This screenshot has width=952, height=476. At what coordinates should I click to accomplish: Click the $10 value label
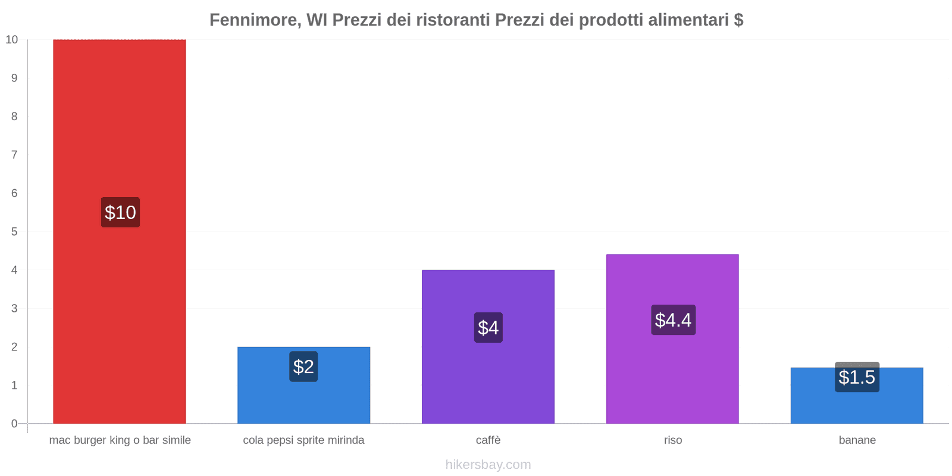coord(120,212)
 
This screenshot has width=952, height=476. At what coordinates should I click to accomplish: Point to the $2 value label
coord(303,367)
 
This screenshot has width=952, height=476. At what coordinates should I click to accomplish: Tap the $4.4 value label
coord(673,320)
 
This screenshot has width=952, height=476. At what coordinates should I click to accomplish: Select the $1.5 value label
coord(857,377)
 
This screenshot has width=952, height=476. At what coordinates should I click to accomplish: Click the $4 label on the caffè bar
coord(488,328)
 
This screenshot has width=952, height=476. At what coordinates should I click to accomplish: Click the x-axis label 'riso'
coord(673,440)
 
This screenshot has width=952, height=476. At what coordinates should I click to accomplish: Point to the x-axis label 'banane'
coord(857,440)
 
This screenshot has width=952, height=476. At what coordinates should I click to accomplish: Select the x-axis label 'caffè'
coord(488,440)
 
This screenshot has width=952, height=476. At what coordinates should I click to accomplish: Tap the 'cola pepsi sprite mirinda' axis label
coord(303,440)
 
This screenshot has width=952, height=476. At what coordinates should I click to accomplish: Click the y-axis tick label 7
coord(14,155)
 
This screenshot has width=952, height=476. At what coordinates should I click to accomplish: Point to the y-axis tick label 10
coord(12,40)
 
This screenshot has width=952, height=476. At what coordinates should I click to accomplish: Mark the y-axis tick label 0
coord(14,424)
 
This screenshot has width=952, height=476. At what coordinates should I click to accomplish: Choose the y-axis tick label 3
coord(14,308)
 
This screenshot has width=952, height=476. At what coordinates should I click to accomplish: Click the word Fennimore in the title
coord(254,20)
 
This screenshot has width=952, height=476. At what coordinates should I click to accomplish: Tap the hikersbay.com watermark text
coord(488,465)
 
